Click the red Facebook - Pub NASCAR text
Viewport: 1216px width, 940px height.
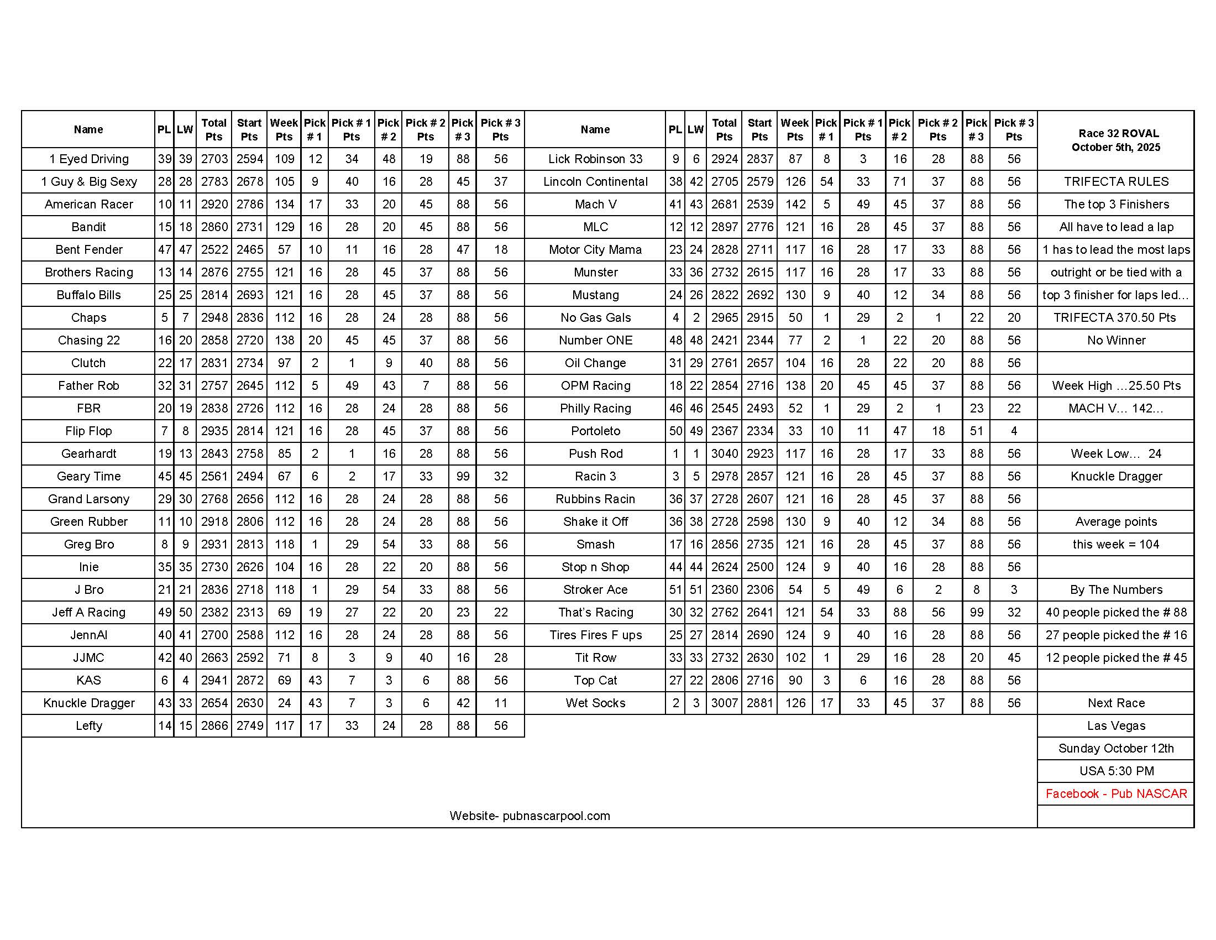[x=1116, y=793]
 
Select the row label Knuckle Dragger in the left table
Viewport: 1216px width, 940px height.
[x=88, y=703]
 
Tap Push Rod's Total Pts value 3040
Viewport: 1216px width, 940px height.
[x=724, y=453]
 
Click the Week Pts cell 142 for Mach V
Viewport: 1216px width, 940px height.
[x=795, y=205]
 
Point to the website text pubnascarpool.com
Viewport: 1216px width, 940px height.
[x=530, y=816]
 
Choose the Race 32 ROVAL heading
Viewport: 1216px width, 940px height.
[x=1116, y=134]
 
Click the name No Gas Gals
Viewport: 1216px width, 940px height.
[x=595, y=317]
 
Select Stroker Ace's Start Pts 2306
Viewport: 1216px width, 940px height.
[x=759, y=589]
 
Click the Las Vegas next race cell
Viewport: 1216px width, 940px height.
[x=1116, y=725]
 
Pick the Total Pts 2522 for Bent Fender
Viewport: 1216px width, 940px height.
[x=214, y=249]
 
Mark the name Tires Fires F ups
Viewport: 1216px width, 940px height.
[x=595, y=635]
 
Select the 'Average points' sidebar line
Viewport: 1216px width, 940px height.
[x=1116, y=521]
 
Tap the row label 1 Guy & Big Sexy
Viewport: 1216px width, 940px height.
[x=88, y=181]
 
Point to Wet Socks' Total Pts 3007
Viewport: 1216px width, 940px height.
[x=724, y=703]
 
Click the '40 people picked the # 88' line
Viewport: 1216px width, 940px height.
[x=1116, y=612]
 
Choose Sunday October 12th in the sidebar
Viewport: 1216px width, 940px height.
[x=1116, y=749]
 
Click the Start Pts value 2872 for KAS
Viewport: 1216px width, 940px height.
[x=249, y=680]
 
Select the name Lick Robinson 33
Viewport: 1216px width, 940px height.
[x=595, y=159]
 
